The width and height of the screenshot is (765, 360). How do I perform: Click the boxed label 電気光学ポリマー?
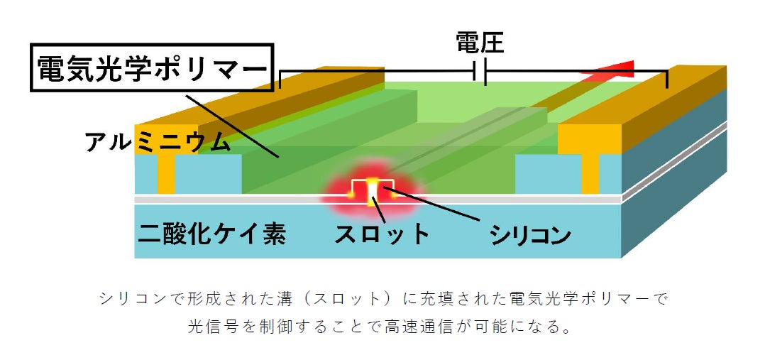click(x=151, y=69)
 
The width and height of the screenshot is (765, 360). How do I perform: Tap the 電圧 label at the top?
click(x=479, y=44)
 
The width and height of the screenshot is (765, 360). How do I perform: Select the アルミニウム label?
click(x=158, y=142)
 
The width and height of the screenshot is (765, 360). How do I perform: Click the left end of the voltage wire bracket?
click(x=281, y=79)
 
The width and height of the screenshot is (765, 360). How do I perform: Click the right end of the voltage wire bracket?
click(x=667, y=79)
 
